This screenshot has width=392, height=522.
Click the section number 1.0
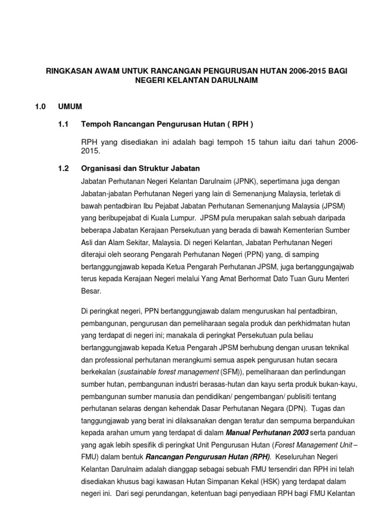(40, 107)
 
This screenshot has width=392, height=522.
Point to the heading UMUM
(70, 107)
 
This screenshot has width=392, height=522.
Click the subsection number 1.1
(63, 124)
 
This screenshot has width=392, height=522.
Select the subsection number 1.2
(63, 168)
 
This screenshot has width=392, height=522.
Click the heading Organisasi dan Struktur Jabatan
(140, 168)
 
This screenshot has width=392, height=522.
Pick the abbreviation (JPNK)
(247, 181)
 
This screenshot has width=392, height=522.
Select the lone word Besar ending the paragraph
(91, 291)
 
